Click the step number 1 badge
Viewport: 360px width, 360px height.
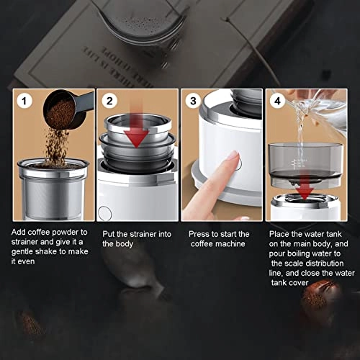click(x=24, y=101)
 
